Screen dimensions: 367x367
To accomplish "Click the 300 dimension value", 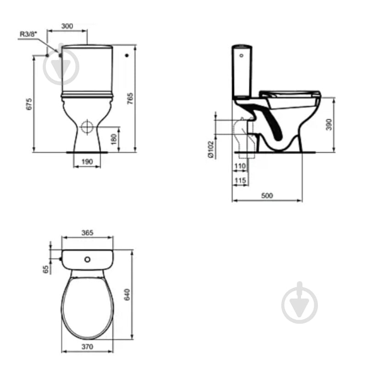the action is coord(67,26).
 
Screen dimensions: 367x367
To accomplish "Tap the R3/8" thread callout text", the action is coord(28,34).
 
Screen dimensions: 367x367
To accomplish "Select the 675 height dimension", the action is coord(29,104).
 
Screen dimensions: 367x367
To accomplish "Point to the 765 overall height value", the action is coord(130,99).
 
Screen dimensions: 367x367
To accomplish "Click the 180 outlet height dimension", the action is coord(114,139).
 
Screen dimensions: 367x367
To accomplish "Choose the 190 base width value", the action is coord(87,161).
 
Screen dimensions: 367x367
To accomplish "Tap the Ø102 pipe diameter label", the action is coord(211,149).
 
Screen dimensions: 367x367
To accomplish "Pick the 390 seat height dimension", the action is coord(329,124).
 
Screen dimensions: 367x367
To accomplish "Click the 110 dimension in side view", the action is coord(240,166).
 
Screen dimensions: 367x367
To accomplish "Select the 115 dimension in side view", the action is coord(240,180).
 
